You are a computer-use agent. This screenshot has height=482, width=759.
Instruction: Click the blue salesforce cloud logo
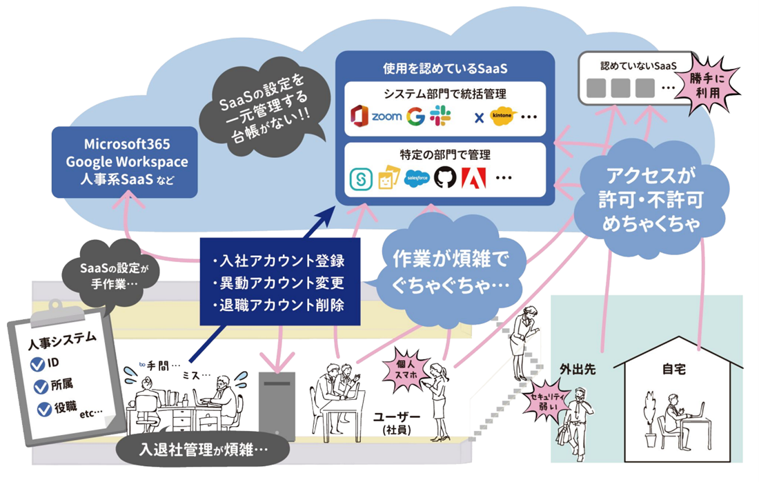point(417,177)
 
